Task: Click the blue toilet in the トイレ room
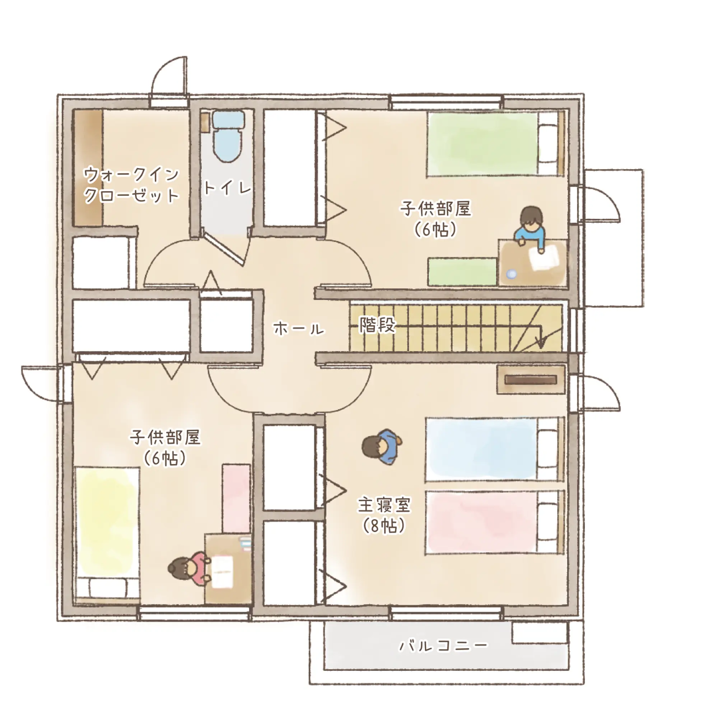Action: [228, 136]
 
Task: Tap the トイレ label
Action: [228, 188]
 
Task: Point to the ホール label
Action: [299, 328]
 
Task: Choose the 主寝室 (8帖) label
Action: [384, 515]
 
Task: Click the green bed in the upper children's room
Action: [496, 144]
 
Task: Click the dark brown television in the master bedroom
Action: [531, 379]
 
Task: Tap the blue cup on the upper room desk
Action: [512, 274]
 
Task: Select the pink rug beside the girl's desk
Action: [236, 498]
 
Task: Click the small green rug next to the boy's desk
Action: [462, 272]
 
